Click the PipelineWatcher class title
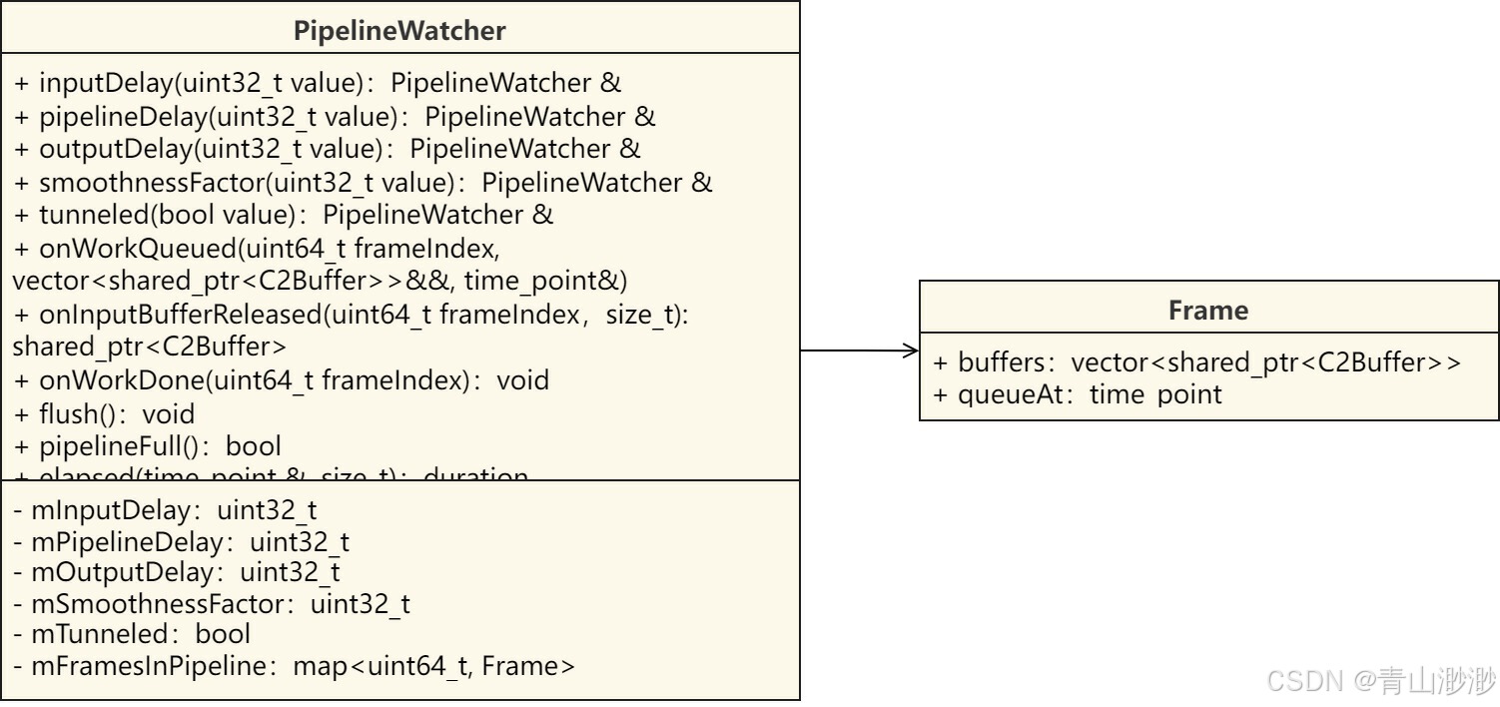(399, 30)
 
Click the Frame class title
(1207, 310)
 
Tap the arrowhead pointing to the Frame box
(911, 350)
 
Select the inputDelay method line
(318, 83)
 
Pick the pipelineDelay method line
(335, 116)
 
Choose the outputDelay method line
(327, 149)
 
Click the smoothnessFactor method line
(363, 182)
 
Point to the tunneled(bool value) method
(283, 215)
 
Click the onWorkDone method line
(281, 380)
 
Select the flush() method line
(104, 413)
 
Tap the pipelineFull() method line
(147, 445)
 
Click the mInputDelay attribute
(165, 510)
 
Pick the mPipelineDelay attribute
(181, 542)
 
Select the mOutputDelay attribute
(176, 572)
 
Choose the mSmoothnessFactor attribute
(211, 603)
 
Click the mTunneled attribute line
(131, 634)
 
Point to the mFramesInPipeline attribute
(294, 666)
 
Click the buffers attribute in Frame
(1196, 361)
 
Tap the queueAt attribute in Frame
(1077, 393)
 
